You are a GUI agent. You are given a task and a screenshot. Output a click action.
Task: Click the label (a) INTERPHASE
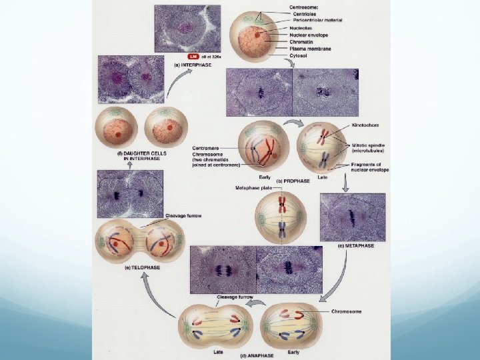193,65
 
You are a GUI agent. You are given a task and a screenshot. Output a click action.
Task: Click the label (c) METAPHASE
355,245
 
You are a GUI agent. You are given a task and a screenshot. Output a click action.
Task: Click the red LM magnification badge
193,56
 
